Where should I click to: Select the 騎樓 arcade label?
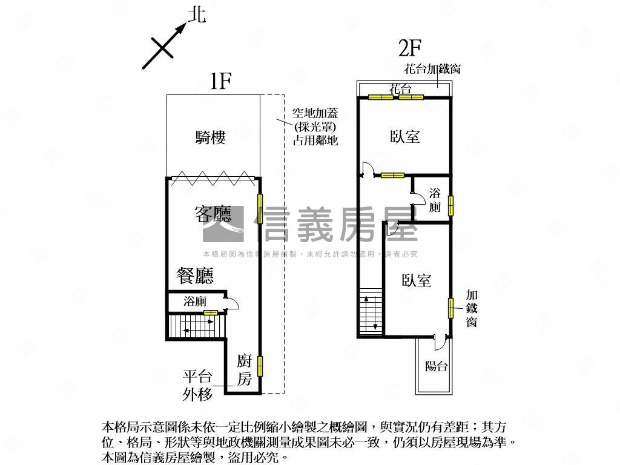point(211,138)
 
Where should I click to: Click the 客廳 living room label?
point(213,213)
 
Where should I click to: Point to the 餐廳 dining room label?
point(195,276)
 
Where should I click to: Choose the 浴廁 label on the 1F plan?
point(195,301)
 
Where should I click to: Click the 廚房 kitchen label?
point(244,371)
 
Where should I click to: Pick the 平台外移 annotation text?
point(198,386)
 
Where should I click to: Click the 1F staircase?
point(194,327)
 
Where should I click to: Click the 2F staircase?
point(370,312)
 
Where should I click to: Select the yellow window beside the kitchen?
point(260,366)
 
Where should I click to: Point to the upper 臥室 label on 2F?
point(405,137)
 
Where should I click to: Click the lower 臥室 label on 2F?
point(417,280)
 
